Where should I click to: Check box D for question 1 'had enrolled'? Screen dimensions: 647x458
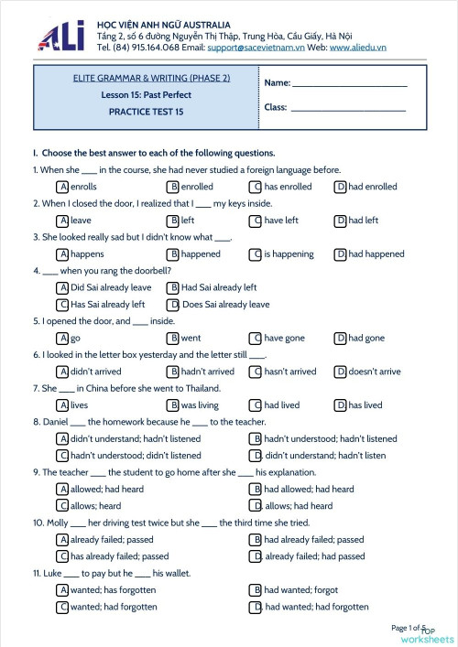click(340, 187)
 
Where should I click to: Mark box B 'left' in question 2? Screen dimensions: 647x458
click(172, 221)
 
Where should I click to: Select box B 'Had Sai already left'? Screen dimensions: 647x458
click(172, 287)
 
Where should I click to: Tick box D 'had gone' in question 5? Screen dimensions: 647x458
click(340, 339)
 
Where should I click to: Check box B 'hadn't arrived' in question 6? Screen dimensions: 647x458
click(172, 372)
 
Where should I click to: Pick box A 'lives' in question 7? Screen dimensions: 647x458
click(62, 405)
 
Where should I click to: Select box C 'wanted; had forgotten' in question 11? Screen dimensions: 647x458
click(62, 607)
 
